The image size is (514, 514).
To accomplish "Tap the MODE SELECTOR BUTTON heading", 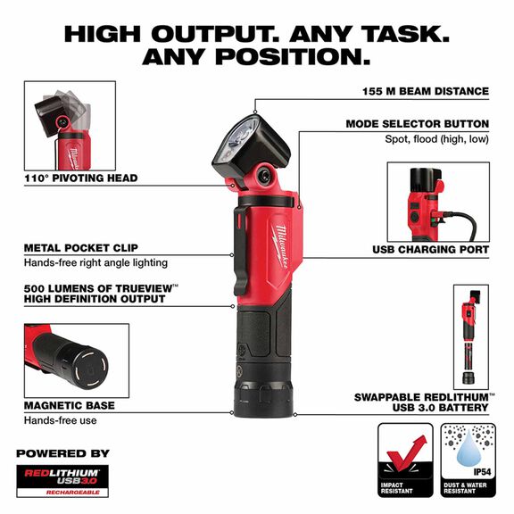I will pos(417,123).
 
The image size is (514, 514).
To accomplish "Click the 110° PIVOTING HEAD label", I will pos(80,178).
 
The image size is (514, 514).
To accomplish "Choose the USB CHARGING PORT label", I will pos(430,250).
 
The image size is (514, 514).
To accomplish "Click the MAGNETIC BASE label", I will pos(70,405).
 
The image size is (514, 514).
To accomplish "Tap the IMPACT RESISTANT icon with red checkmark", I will pos(405,458).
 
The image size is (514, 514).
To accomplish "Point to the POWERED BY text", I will pos(62,453).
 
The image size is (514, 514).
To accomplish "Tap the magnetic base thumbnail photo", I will pos(70,360).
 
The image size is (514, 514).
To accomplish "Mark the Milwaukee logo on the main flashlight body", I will pos(271,251).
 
